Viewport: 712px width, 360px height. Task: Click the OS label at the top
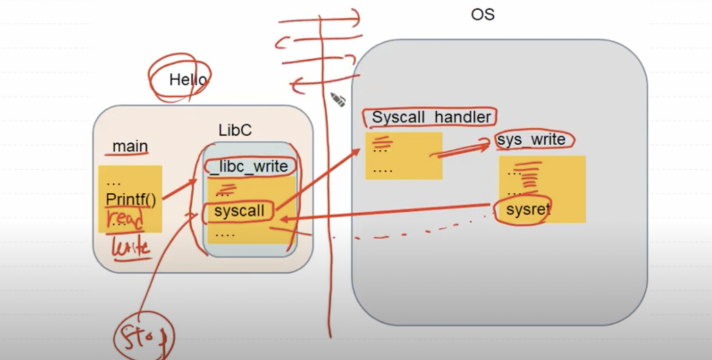482,14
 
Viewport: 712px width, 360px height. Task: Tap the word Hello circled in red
188,80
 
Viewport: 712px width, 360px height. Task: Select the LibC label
235,130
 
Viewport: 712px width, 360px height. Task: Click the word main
130,146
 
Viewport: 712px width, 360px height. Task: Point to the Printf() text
131,200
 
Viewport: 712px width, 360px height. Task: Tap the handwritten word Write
131,248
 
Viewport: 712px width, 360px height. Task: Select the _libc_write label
249,166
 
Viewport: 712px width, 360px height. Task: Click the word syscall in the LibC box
239,211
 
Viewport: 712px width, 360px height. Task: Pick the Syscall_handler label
431,117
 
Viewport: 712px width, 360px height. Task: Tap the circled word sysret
528,210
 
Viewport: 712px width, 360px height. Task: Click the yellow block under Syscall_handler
403,156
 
